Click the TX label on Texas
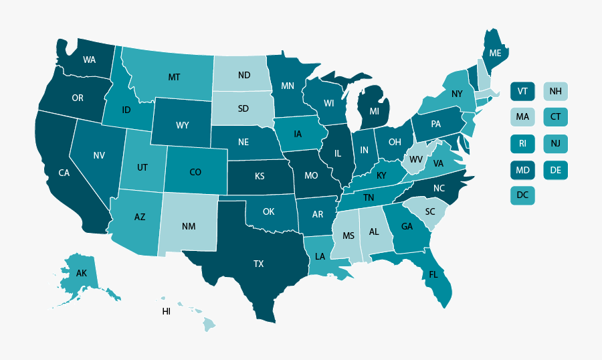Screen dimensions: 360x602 coord(259,264)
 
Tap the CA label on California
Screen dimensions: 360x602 coord(64,173)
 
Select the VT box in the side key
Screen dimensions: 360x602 coord(522,91)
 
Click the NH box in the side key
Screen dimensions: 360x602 coord(555,91)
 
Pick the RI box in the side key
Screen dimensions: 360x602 coord(522,143)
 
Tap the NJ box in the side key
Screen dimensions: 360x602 coord(555,143)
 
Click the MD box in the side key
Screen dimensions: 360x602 coord(522,170)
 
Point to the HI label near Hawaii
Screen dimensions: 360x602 coord(167,312)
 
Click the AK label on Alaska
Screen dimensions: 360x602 coord(82,274)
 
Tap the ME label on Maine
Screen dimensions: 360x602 coord(495,53)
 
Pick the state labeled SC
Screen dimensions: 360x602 coord(430,211)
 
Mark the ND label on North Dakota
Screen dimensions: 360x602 coord(243,75)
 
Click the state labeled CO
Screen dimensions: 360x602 coord(195,172)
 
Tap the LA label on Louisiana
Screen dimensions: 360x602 coord(321,256)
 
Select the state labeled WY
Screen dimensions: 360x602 coord(182,125)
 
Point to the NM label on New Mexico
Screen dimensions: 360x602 coord(189,226)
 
